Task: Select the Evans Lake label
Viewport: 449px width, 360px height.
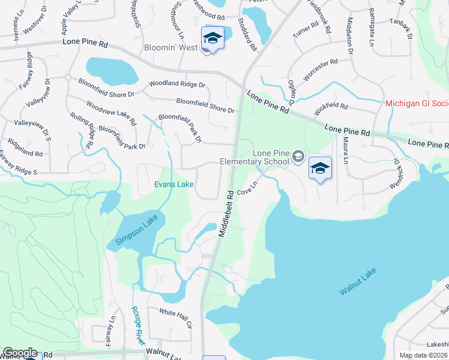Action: (x=174, y=184)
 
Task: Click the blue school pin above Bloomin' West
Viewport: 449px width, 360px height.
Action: (x=212, y=38)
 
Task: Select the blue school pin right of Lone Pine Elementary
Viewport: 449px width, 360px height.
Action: (x=320, y=169)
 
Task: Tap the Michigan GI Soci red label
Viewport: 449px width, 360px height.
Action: (x=417, y=104)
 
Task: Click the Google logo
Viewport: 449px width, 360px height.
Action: (x=20, y=353)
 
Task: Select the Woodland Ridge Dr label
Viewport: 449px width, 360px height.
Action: (x=177, y=85)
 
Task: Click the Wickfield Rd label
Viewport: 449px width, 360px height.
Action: (x=330, y=109)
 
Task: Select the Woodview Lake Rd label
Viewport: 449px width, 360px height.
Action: (x=110, y=113)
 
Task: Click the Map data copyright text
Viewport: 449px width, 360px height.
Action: (x=424, y=355)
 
